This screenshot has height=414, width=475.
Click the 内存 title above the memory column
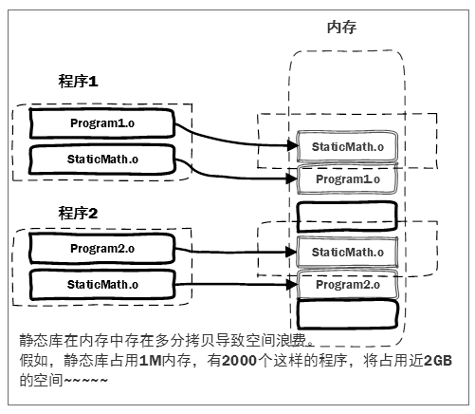(341, 28)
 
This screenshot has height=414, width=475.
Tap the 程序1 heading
(79, 83)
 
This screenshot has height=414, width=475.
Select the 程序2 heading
(79, 212)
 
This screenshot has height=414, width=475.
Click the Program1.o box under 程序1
(102, 123)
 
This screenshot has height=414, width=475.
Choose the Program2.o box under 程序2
(102, 249)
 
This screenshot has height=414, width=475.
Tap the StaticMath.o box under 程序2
(102, 283)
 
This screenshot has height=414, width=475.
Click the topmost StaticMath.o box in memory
(347, 146)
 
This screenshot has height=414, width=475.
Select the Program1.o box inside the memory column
(347, 179)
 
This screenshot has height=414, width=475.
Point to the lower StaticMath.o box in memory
(347, 252)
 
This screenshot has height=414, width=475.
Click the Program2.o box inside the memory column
(347, 284)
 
